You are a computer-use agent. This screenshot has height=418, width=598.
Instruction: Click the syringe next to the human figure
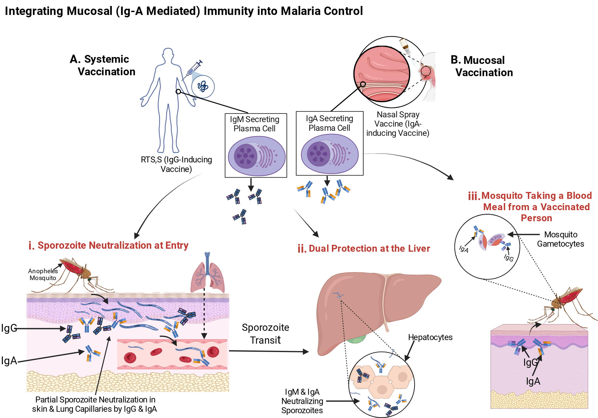click(192, 70)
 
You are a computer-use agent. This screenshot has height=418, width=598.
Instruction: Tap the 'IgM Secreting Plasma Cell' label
click(254, 124)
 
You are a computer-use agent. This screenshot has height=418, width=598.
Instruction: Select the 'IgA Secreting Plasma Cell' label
click(329, 123)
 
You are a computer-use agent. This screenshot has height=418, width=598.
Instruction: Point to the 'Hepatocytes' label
click(430, 337)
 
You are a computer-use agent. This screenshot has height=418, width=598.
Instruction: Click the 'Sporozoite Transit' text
click(266, 334)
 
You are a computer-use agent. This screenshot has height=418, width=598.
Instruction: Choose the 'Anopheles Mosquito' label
click(43, 274)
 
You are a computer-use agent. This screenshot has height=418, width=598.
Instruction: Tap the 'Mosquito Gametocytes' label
click(561, 239)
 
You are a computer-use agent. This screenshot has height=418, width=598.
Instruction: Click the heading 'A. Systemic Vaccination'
click(103, 65)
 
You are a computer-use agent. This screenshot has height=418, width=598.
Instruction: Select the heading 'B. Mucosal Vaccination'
click(482, 66)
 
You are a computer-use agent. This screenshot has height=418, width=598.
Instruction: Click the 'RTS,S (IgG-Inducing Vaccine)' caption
click(176, 164)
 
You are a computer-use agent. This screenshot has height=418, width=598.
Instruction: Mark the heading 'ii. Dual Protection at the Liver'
click(364, 248)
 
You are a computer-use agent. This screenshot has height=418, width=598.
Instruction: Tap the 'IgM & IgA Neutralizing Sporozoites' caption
click(302, 401)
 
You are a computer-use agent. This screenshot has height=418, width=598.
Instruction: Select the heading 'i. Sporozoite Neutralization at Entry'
click(108, 245)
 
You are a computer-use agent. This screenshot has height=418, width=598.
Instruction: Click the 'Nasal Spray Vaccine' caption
click(398, 124)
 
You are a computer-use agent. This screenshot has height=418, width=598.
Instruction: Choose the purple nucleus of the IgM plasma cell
click(245, 156)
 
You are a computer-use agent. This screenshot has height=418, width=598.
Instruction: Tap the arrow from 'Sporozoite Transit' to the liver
click(269, 351)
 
